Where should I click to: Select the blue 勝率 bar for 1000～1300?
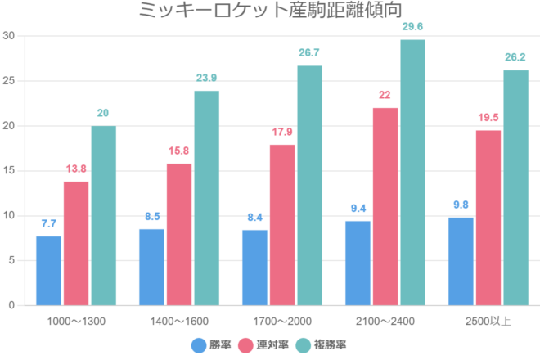(48, 271)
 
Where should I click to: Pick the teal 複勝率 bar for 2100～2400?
(412, 172)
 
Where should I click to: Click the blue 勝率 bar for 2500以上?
(461, 261)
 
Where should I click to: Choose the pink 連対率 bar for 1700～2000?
(282, 225)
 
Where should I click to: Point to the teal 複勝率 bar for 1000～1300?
(103, 215)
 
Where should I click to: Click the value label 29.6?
(412, 27)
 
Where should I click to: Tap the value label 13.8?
(76, 169)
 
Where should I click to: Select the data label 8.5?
(151, 217)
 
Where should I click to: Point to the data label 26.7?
(309, 53)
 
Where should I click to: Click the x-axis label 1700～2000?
(282, 320)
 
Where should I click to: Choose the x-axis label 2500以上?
(488, 320)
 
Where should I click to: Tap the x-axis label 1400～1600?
(179, 320)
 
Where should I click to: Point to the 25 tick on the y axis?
(9, 81)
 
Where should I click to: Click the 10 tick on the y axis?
(9, 216)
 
